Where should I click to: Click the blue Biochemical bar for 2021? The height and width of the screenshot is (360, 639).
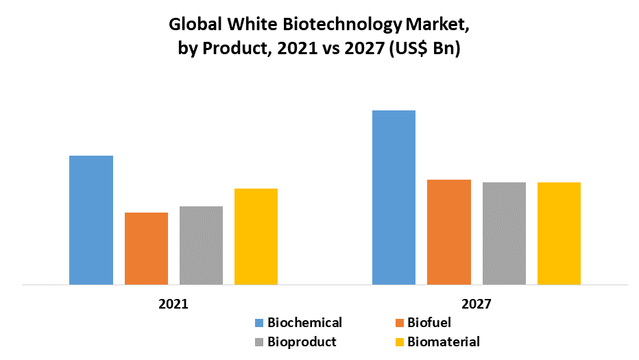(91, 219)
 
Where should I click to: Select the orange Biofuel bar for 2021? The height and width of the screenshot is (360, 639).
(146, 248)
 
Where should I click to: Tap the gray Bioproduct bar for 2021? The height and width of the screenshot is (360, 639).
(201, 245)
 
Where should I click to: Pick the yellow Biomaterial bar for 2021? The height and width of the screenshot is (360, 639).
(256, 236)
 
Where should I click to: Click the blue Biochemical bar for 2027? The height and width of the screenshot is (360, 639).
(394, 197)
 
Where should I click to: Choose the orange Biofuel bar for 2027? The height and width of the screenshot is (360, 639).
(449, 232)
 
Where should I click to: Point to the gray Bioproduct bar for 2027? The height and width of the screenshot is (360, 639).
(504, 233)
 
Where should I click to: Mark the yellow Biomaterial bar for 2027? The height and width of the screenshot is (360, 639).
(559, 233)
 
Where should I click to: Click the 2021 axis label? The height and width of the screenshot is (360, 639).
(173, 303)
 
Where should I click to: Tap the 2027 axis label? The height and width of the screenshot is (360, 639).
(476, 303)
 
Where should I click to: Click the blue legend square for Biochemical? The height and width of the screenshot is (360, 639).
(259, 323)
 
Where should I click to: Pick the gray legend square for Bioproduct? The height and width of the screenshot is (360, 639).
(259, 341)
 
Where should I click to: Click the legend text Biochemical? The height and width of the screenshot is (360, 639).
(304, 322)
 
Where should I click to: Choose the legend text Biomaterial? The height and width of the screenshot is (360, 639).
(444, 341)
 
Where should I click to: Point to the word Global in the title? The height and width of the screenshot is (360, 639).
(193, 26)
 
